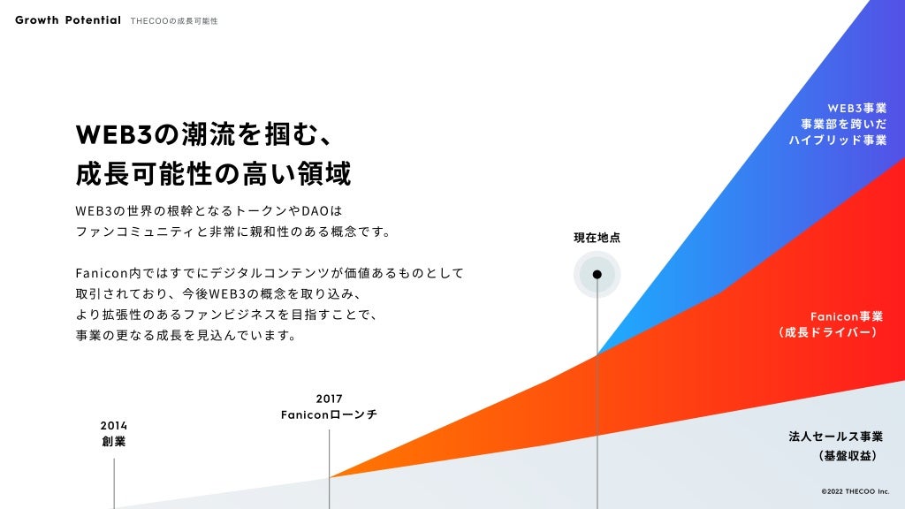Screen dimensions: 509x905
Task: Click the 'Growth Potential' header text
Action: coord(68,20)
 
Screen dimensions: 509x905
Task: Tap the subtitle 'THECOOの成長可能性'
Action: coord(173,20)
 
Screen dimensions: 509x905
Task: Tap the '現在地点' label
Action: coord(597,238)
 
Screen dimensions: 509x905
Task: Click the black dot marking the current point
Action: coord(597,274)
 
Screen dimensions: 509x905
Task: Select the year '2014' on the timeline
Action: coord(113,425)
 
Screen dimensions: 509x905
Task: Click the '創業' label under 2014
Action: coord(113,441)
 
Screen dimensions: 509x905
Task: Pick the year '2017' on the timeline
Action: coord(329,399)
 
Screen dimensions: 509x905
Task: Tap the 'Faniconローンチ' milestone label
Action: coord(329,414)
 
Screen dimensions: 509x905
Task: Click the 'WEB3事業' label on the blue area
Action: coord(856,108)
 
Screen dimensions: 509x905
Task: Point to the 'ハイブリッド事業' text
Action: coord(838,141)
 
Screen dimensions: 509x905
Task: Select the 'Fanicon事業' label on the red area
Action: coord(845,316)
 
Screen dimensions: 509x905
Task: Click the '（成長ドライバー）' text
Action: coord(828,333)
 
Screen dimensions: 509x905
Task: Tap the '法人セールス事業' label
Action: coord(835,437)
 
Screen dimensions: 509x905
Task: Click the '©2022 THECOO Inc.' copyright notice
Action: coord(855,490)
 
